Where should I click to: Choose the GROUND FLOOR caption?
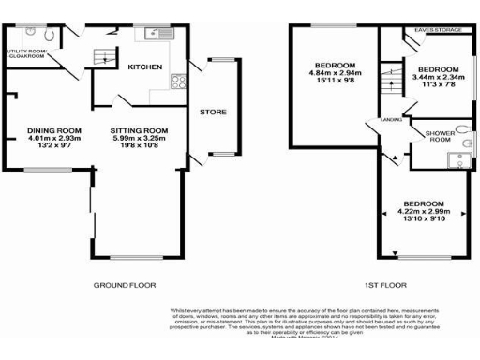coord(124,283)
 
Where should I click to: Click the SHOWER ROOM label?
coord(441,136)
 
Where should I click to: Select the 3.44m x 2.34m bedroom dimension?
coord(439,79)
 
